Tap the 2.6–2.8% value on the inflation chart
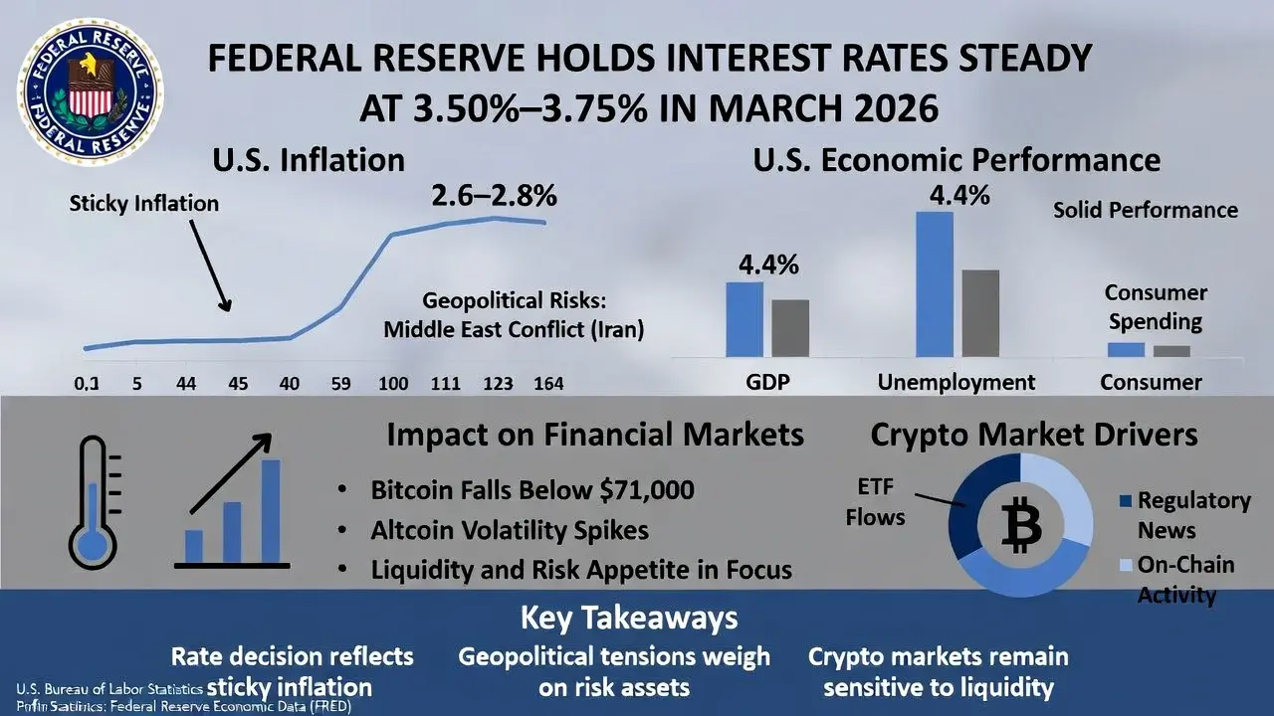[495, 196]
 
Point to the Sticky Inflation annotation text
[143, 204]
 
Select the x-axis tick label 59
[340, 383]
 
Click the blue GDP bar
[743, 318]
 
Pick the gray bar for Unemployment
[980, 312]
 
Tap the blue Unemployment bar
[934, 283]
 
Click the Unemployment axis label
[956, 382]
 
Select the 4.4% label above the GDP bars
[767, 266]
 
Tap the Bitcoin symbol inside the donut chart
[1020, 525]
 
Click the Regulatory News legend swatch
[1126, 501]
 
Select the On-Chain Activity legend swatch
[1126, 566]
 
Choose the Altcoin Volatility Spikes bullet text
[509, 530]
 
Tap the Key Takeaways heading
[629, 618]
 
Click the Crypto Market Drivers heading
[1034, 435]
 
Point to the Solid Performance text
[1146, 210]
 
